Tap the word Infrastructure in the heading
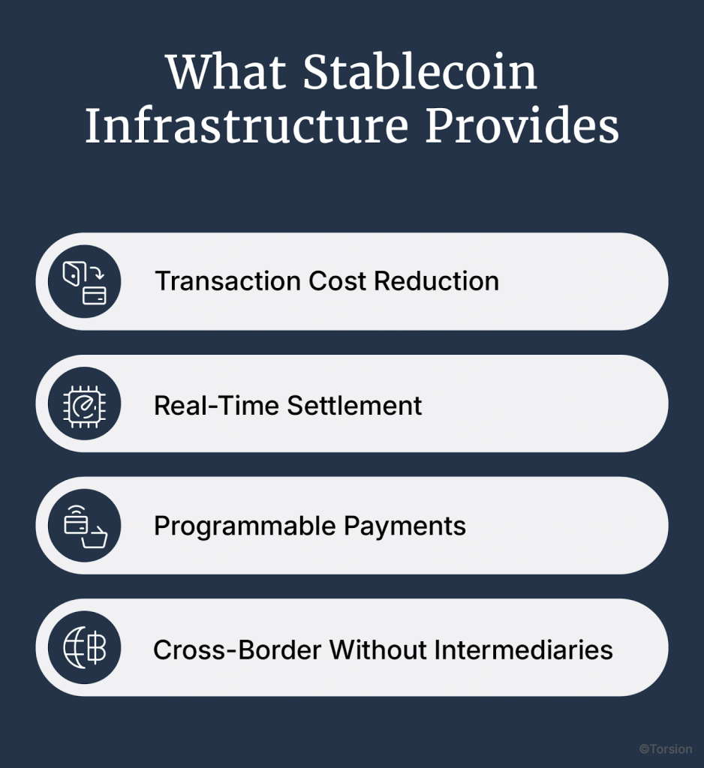click(x=246, y=127)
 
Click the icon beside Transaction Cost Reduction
click(x=84, y=281)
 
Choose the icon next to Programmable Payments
click(x=84, y=526)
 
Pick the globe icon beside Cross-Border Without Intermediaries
click(x=84, y=648)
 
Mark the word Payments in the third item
click(x=405, y=526)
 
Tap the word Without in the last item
click(x=372, y=649)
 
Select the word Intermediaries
click(x=517, y=649)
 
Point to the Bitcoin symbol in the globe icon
click(x=95, y=649)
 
